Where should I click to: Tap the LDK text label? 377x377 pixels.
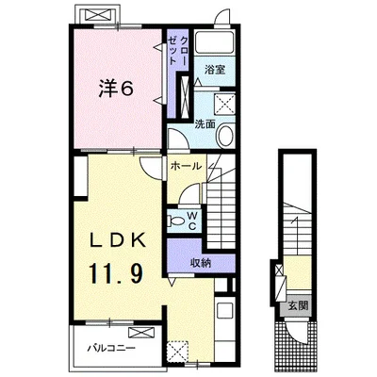click(118, 241)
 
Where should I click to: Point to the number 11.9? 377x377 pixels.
click(117, 274)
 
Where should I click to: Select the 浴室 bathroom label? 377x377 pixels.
click(215, 70)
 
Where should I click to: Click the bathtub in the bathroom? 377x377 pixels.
click(215, 41)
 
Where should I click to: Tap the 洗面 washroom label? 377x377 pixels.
click(205, 124)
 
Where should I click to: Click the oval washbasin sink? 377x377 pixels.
click(225, 136)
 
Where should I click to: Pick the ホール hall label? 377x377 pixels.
click(186, 166)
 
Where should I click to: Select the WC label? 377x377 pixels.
click(192, 221)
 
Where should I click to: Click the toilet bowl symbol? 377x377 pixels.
click(176, 221)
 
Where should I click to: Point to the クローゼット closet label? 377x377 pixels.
click(177, 51)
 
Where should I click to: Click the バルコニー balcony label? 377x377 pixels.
click(111, 348)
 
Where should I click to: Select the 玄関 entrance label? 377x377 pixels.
click(298, 305)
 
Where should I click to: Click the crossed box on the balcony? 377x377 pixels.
click(141, 333)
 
